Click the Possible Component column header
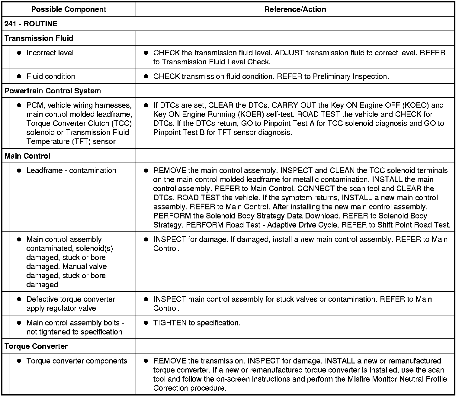coord(69,9)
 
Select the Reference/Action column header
coord(295,9)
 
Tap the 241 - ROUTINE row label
coord(31,24)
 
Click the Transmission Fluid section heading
coord(39,38)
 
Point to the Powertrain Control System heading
coord(53,91)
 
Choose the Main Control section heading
coord(27,156)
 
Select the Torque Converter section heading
coord(36,347)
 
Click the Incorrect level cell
coord(50,53)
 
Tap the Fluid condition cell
coord(51,76)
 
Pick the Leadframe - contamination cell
coord(71,171)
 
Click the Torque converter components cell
coord(77,361)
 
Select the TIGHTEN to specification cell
coord(197,323)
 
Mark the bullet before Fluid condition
coord(19,76)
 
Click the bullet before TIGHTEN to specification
coord(146,323)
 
